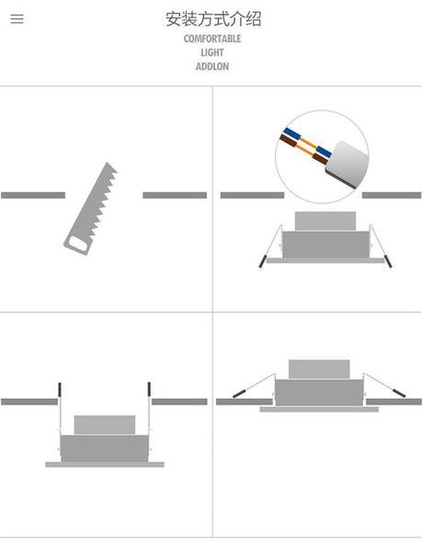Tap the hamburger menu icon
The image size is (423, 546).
(x=17, y=18)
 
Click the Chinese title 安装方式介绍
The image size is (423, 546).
(x=213, y=19)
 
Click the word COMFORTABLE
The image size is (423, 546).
(x=212, y=39)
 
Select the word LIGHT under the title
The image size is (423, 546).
(x=212, y=52)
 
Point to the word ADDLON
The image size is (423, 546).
(x=212, y=66)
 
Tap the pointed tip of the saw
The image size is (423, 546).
(x=107, y=163)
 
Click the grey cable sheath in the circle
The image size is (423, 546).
(x=347, y=164)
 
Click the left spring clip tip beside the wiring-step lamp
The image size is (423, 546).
(x=262, y=261)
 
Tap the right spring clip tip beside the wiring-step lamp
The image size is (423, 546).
(x=388, y=261)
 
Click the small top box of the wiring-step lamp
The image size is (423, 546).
(x=326, y=221)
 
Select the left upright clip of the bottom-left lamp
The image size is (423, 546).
(x=60, y=390)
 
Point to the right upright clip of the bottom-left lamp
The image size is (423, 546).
(x=149, y=390)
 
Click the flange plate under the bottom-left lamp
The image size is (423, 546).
(x=105, y=464)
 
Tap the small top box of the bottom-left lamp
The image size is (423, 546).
(x=105, y=425)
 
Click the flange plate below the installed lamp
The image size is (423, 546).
(x=319, y=410)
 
